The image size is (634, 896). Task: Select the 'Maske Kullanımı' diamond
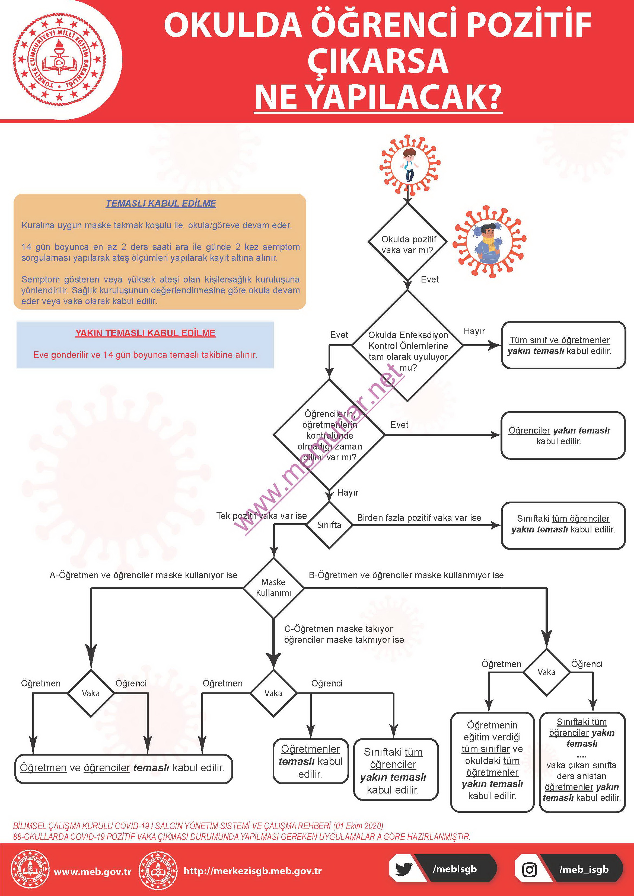[x=273, y=588]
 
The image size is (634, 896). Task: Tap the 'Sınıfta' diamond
[x=329, y=525]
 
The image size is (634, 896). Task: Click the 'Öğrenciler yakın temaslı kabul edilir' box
[x=563, y=435]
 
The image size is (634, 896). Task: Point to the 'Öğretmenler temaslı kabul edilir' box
[x=310, y=761]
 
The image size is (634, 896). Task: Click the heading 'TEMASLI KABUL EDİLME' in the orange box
[x=161, y=203]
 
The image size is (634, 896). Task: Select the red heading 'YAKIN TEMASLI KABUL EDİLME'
[x=145, y=333]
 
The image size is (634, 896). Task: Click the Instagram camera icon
[x=529, y=869]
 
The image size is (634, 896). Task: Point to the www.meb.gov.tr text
[x=93, y=871]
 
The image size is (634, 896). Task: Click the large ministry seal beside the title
[x=59, y=59]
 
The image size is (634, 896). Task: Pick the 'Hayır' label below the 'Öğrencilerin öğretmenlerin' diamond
[x=348, y=493]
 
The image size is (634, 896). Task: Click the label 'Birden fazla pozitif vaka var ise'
[x=419, y=518]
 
